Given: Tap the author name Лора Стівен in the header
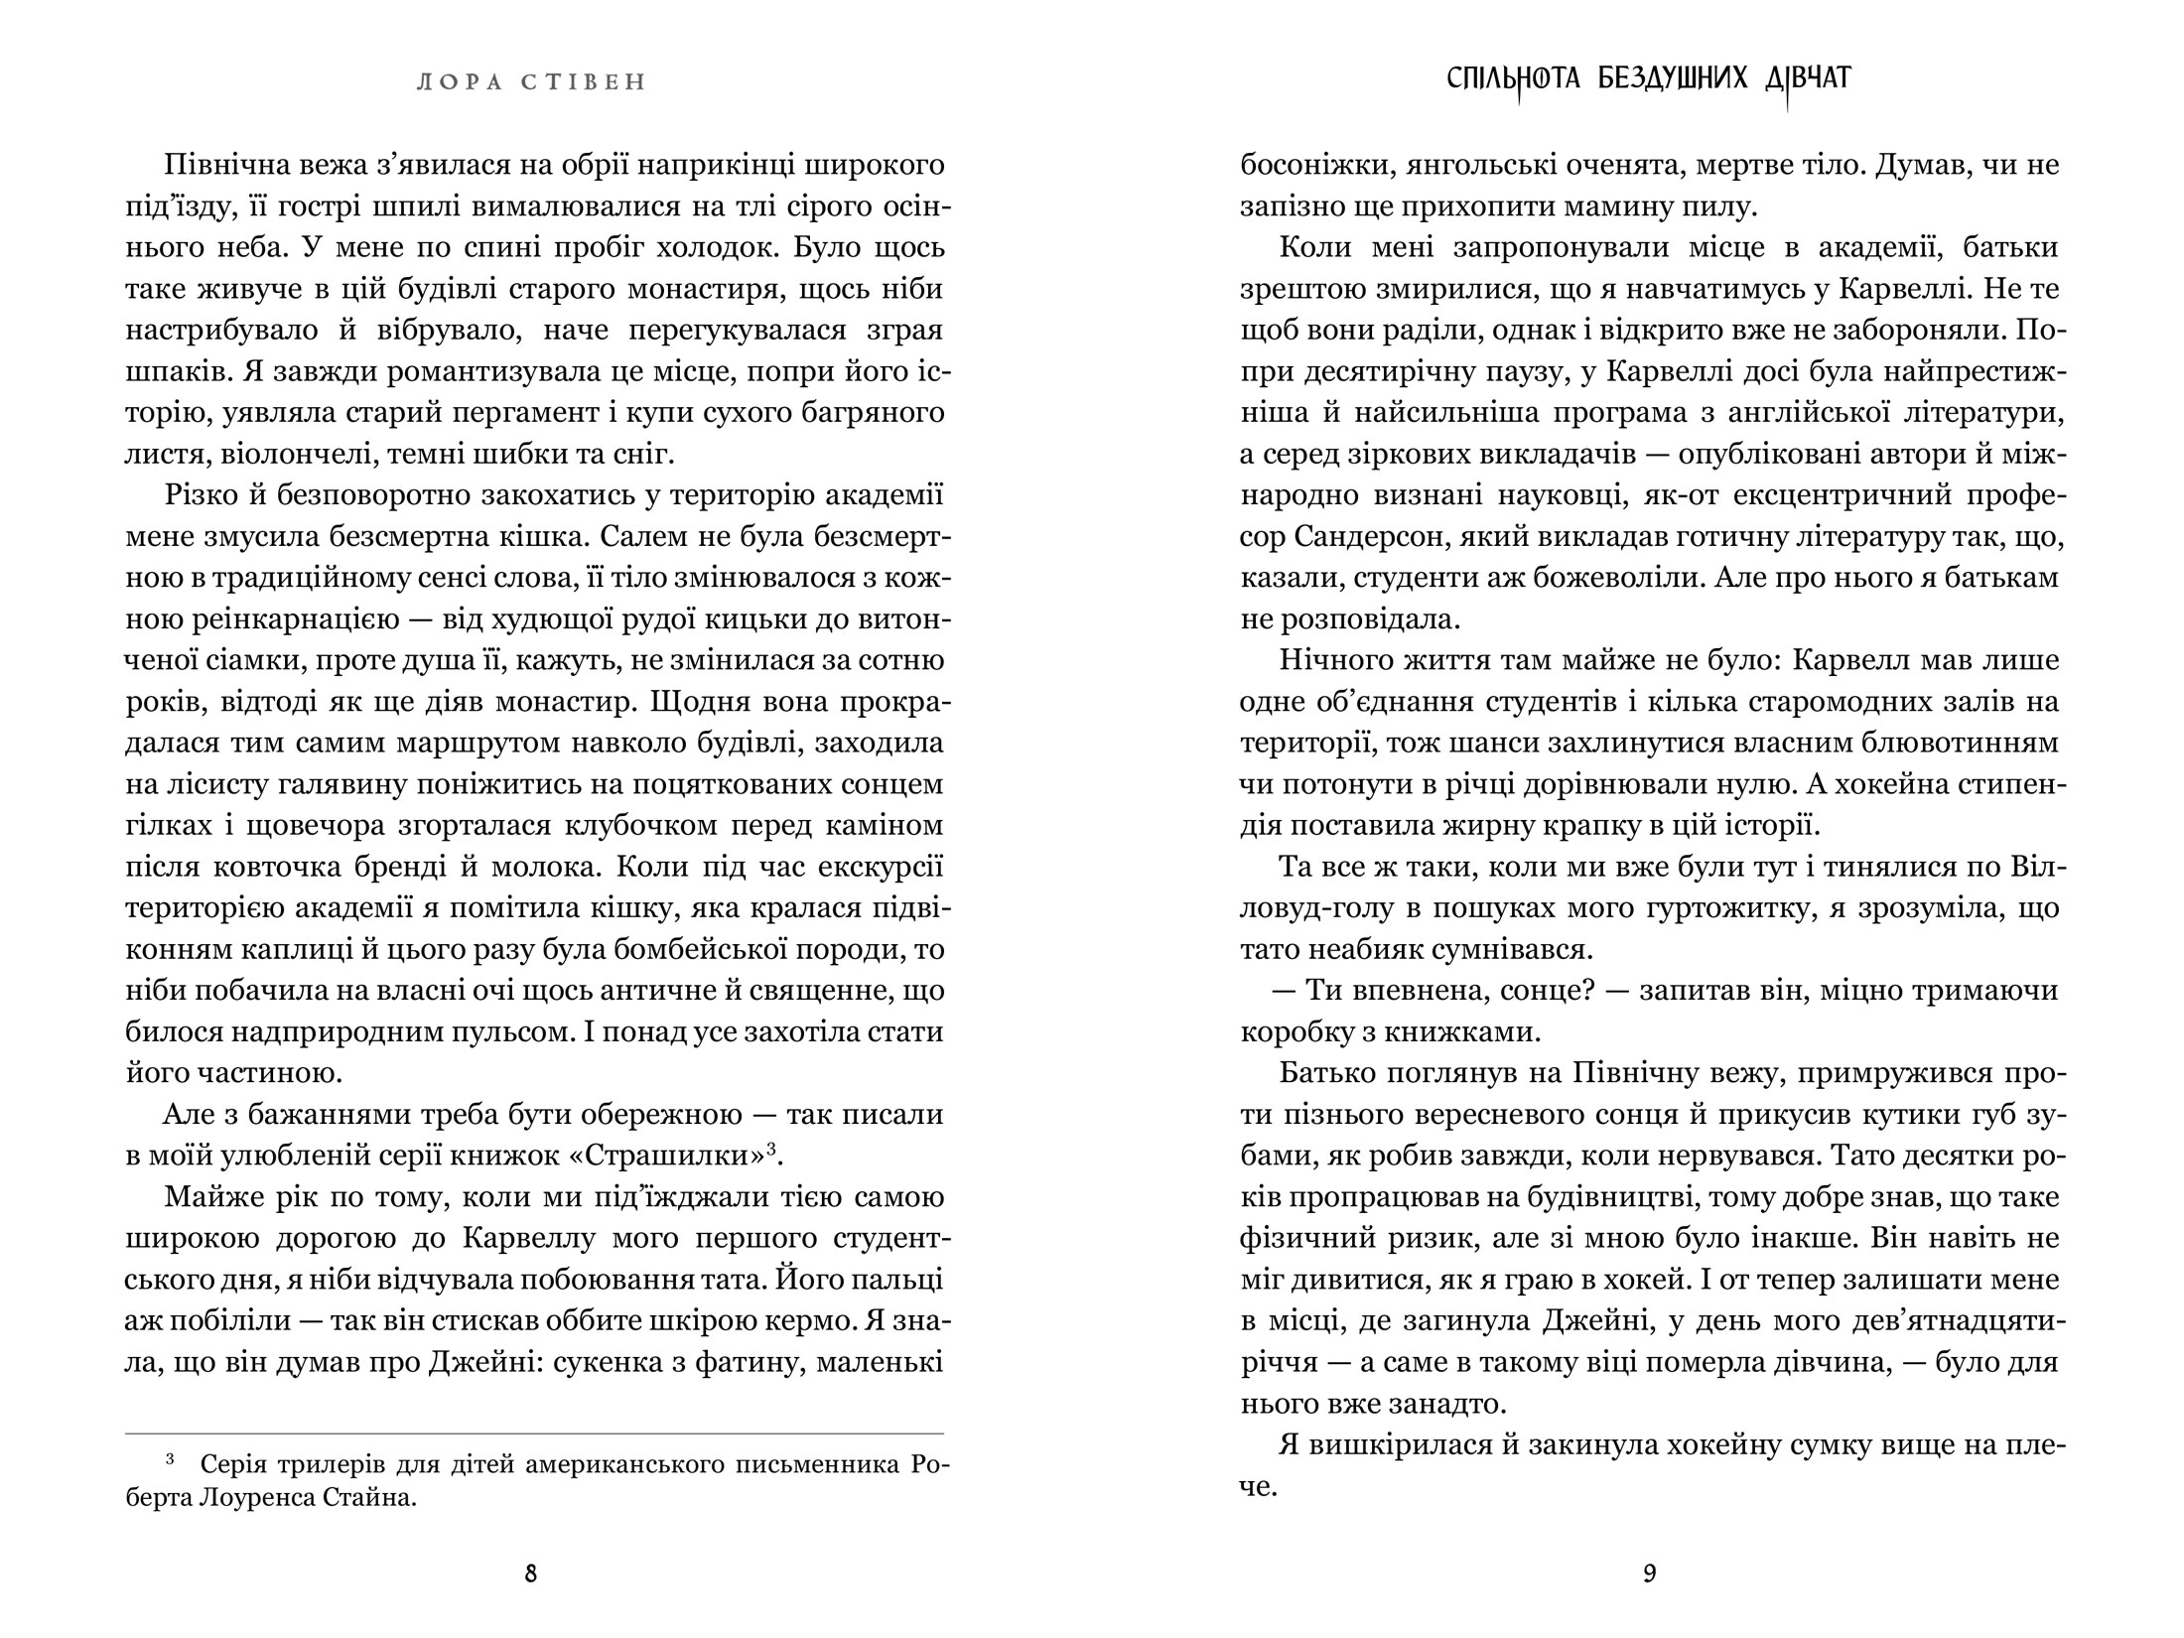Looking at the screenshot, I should pyautogui.click(x=531, y=82).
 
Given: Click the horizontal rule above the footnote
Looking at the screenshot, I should pyautogui.click(x=534, y=1433).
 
